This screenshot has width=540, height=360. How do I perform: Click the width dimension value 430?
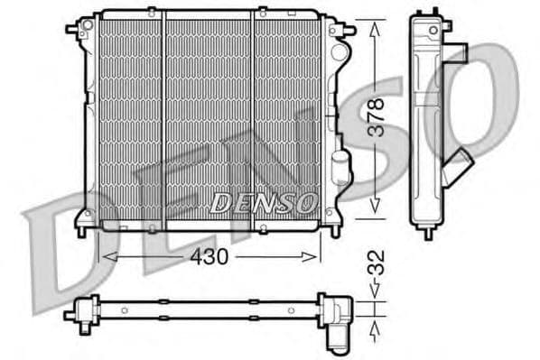click(x=209, y=256)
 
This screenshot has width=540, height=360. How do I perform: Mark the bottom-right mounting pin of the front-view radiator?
click(x=331, y=231)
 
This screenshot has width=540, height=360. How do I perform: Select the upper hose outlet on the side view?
click(x=458, y=51)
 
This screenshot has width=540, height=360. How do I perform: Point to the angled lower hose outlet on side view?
click(x=460, y=166)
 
